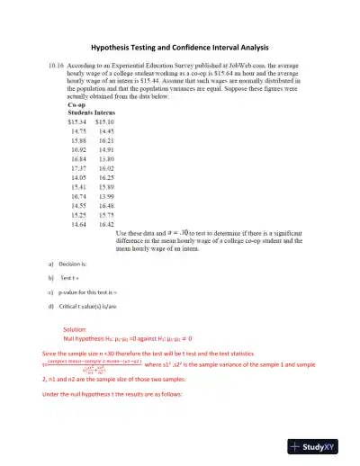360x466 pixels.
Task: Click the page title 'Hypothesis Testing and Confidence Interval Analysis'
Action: (x=180, y=47)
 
